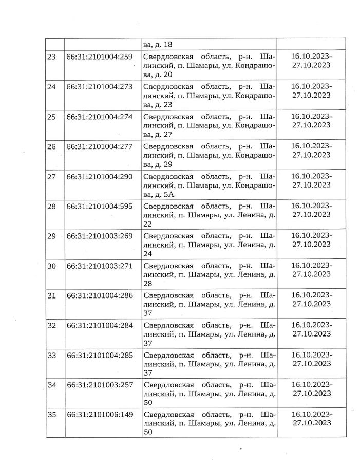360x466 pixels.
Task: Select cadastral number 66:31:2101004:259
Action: pyautogui.click(x=99, y=57)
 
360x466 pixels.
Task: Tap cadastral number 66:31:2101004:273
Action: pyautogui.click(x=99, y=86)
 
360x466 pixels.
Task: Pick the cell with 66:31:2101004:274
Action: pyautogui.click(x=99, y=116)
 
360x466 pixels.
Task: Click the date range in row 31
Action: pyautogui.click(x=311, y=300)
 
